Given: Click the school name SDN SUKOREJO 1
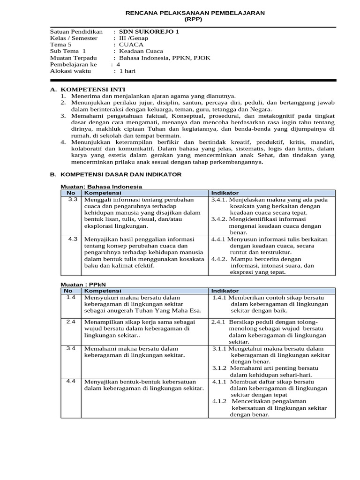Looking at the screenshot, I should pyautogui.click(x=149, y=32).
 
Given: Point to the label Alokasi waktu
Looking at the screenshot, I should pyautogui.click(x=71, y=71).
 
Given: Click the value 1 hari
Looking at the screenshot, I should pyautogui.click(x=127, y=71).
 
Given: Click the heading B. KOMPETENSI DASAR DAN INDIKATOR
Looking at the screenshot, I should pyautogui.click(x=116, y=174).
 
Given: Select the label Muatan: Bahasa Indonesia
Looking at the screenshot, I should pyautogui.click(x=101, y=187).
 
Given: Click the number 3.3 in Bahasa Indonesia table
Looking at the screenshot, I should pyautogui.click(x=72, y=200).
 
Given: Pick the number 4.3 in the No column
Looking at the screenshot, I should pyautogui.click(x=72, y=239).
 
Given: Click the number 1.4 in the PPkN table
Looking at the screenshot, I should pyautogui.click(x=71, y=297).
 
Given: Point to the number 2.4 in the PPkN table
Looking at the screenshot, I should pyautogui.click(x=71, y=322).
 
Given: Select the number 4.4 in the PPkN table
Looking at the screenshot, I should pyautogui.click(x=71, y=381).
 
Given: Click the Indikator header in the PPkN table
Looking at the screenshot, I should pyautogui.click(x=225, y=291).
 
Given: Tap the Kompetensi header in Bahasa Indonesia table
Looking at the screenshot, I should pyautogui.click(x=99, y=193).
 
